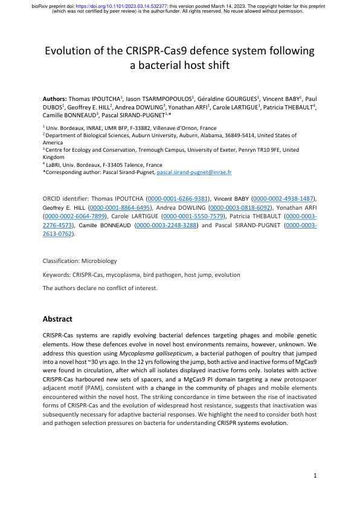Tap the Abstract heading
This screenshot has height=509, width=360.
(58, 319)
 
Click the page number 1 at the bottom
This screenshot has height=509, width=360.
(315, 476)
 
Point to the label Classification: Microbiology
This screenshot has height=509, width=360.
(80, 261)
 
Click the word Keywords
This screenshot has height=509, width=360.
(56, 274)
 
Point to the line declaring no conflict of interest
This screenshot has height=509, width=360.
(100, 288)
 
